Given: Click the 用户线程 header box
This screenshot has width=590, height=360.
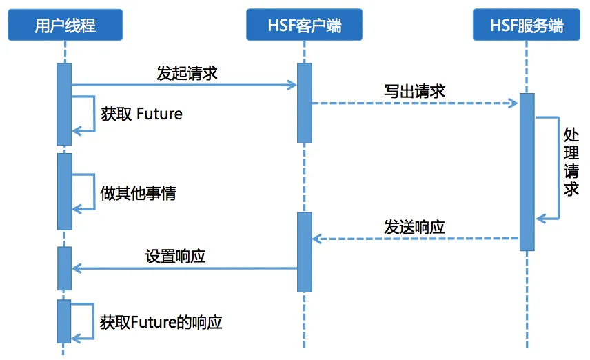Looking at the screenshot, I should (65, 25).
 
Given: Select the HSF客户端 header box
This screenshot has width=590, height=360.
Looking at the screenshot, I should (304, 25).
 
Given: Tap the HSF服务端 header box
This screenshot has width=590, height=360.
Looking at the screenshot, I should (527, 25).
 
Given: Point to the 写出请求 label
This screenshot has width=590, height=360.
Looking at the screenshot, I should (414, 91).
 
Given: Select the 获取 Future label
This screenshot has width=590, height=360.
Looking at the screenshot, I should (141, 114).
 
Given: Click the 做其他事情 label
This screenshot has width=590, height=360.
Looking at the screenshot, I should (138, 192).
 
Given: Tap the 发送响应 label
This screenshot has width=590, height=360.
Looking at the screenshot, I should (414, 226).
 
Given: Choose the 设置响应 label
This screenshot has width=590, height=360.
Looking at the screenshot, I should (175, 256).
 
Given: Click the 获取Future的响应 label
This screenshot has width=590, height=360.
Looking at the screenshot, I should (161, 321).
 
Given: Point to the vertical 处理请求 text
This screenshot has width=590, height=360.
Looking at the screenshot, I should (571, 161).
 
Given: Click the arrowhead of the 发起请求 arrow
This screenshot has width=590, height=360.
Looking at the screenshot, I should (292, 85).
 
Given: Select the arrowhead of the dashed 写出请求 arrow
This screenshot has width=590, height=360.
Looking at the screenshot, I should (513, 103).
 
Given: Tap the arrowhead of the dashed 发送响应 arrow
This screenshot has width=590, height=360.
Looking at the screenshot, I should (317, 239).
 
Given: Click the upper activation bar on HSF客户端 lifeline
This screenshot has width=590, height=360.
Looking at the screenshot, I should (304, 103).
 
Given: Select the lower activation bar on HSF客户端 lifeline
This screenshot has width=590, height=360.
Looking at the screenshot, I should (304, 252).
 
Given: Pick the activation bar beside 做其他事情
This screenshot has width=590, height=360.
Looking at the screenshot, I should (64, 191).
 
